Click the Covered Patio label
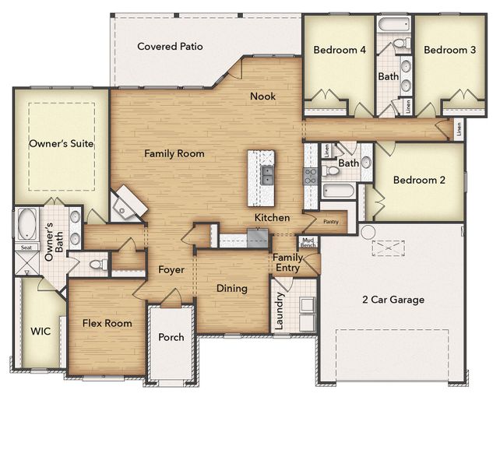pyautogui.click(x=170, y=47)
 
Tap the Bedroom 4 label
pyautogui.click(x=340, y=50)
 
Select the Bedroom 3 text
pyautogui.click(x=449, y=50)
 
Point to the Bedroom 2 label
pyautogui.click(x=419, y=180)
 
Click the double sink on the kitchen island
pyautogui.click(x=267, y=174)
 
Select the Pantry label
pyautogui.click(x=330, y=221)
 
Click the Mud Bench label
pyautogui.click(x=308, y=242)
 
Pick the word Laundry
pyautogui.click(x=280, y=311)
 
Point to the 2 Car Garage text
pyautogui.click(x=393, y=300)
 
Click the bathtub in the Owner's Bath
pyautogui.click(x=27, y=224)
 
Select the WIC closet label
pyautogui.click(x=40, y=331)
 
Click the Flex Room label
pyautogui.click(x=107, y=323)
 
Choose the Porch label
pyautogui.click(x=171, y=338)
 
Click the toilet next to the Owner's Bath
pyautogui.click(x=96, y=265)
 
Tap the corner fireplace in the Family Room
pyautogui.click(x=128, y=205)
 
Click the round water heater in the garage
pyautogui.click(x=368, y=232)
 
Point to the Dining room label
pyautogui.click(x=231, y=289)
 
